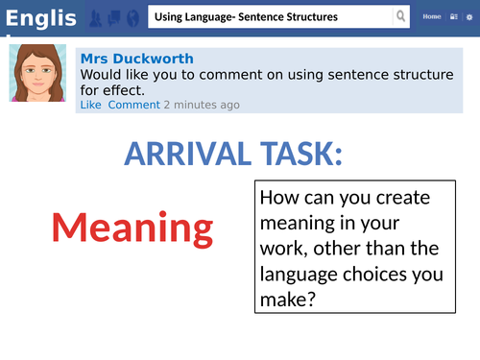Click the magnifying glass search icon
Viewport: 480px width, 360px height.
click(400, 17)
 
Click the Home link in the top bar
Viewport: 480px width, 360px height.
click(432, 17)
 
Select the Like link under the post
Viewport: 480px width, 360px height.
click(90, 105)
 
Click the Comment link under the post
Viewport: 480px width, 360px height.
click(133, 105)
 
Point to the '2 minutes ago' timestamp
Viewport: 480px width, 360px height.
click(202, 105)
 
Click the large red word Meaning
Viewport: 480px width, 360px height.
click(132, 228)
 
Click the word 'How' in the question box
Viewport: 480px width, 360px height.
click(279, 201)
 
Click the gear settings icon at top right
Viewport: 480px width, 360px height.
click(468, 17)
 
